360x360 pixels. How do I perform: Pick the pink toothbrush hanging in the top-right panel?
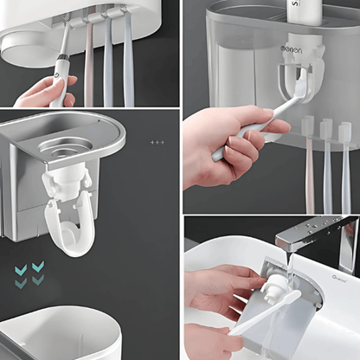pos(310,164)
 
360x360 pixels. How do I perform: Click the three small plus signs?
pos(157,142)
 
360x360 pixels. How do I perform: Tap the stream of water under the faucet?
pos(292,273)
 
